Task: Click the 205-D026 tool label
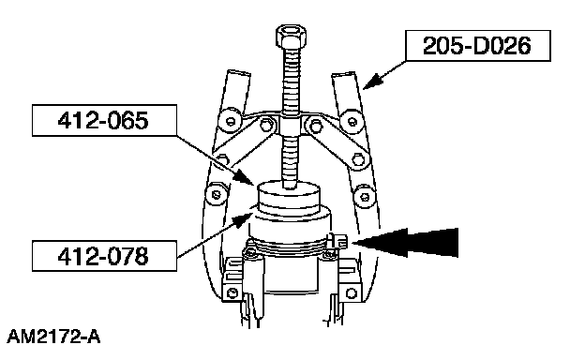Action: coord(478,46)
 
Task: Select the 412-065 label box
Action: coord(104,121)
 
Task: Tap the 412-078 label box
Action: coord(104,256)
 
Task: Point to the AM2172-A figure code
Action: coord(53,337)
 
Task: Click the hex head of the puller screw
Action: coord(292,36)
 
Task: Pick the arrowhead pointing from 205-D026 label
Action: coord(373,82)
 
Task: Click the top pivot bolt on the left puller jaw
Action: coord(231,121)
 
